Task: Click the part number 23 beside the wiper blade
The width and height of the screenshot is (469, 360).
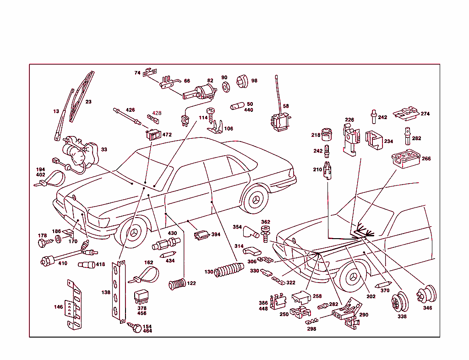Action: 88,102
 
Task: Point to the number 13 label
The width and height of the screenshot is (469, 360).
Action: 56,111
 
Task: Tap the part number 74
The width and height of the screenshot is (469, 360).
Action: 137,73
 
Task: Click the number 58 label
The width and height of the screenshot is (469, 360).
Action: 286,106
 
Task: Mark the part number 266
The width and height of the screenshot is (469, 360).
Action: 426,159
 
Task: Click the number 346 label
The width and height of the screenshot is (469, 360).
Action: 427,308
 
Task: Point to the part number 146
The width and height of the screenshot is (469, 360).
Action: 58,307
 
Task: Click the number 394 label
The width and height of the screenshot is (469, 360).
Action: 216,235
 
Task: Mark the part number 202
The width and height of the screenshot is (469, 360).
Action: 371,296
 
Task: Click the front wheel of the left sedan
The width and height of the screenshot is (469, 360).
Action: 136,233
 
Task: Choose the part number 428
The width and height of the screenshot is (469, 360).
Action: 157,113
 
